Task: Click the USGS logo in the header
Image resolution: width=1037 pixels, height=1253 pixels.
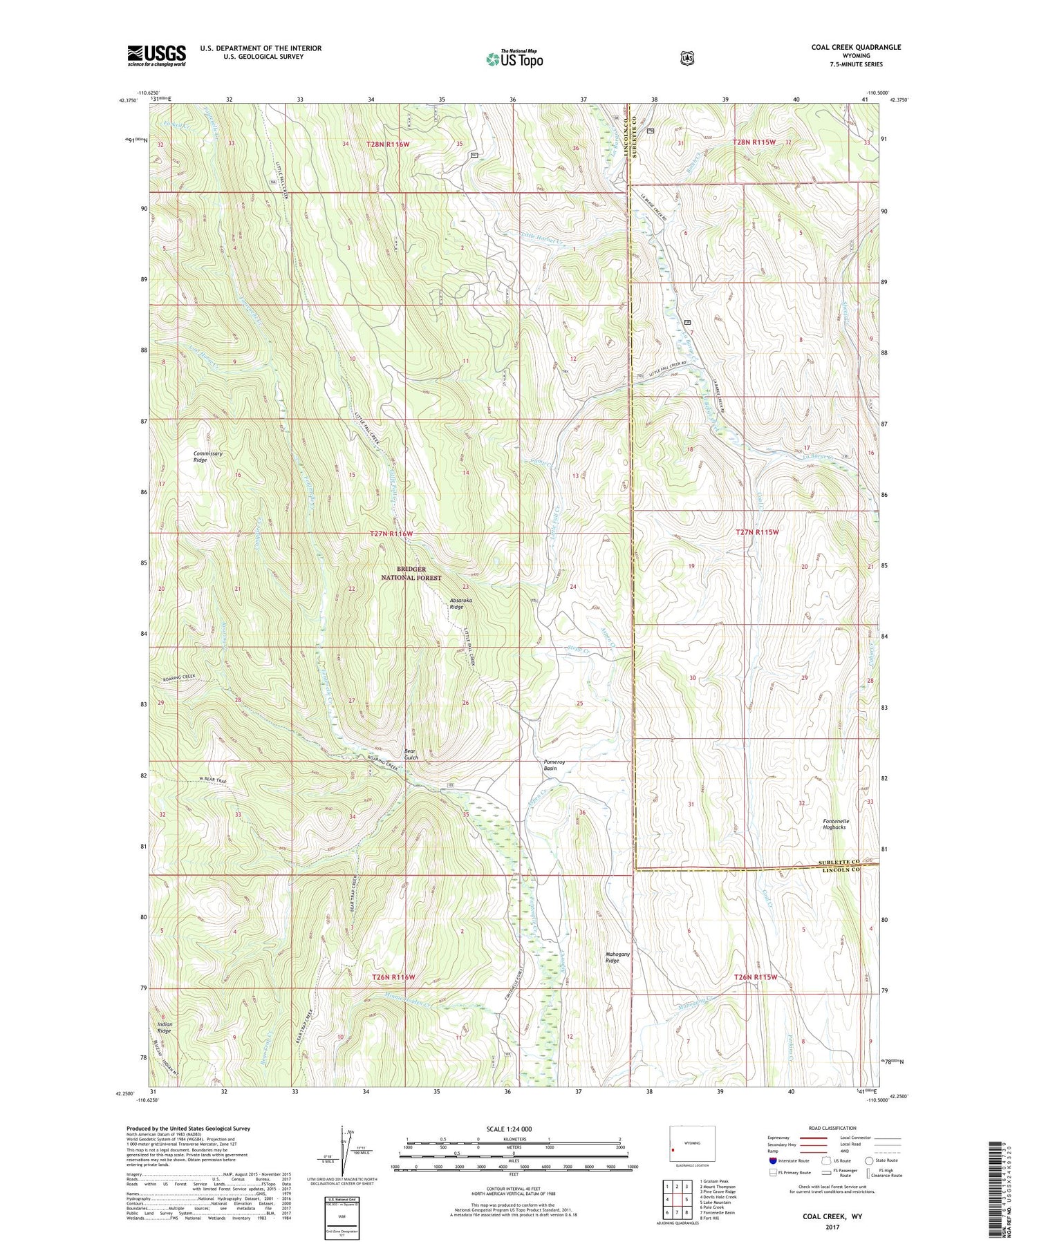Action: coord(156,55)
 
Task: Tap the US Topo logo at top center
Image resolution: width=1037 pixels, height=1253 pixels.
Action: coord(514,59)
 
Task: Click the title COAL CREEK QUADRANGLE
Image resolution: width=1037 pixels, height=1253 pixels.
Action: coord(856,48)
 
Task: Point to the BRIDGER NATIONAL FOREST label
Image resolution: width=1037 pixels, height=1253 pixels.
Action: coord(411,573)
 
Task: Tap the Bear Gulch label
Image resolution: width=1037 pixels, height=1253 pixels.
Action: coord(411,754)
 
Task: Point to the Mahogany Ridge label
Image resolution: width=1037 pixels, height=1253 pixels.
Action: coord(617,957)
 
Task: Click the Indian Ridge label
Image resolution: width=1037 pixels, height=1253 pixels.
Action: coord(165,1027)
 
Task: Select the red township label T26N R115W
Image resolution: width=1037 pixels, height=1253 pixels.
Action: coord(756,977)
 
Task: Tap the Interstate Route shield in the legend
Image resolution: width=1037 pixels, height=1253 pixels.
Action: coord(772,1160)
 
